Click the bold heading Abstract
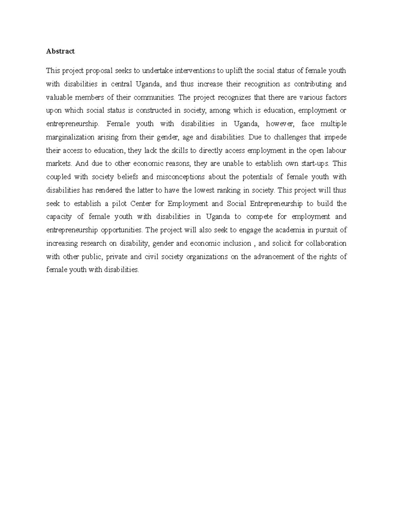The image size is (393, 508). (x=60, y=51)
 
